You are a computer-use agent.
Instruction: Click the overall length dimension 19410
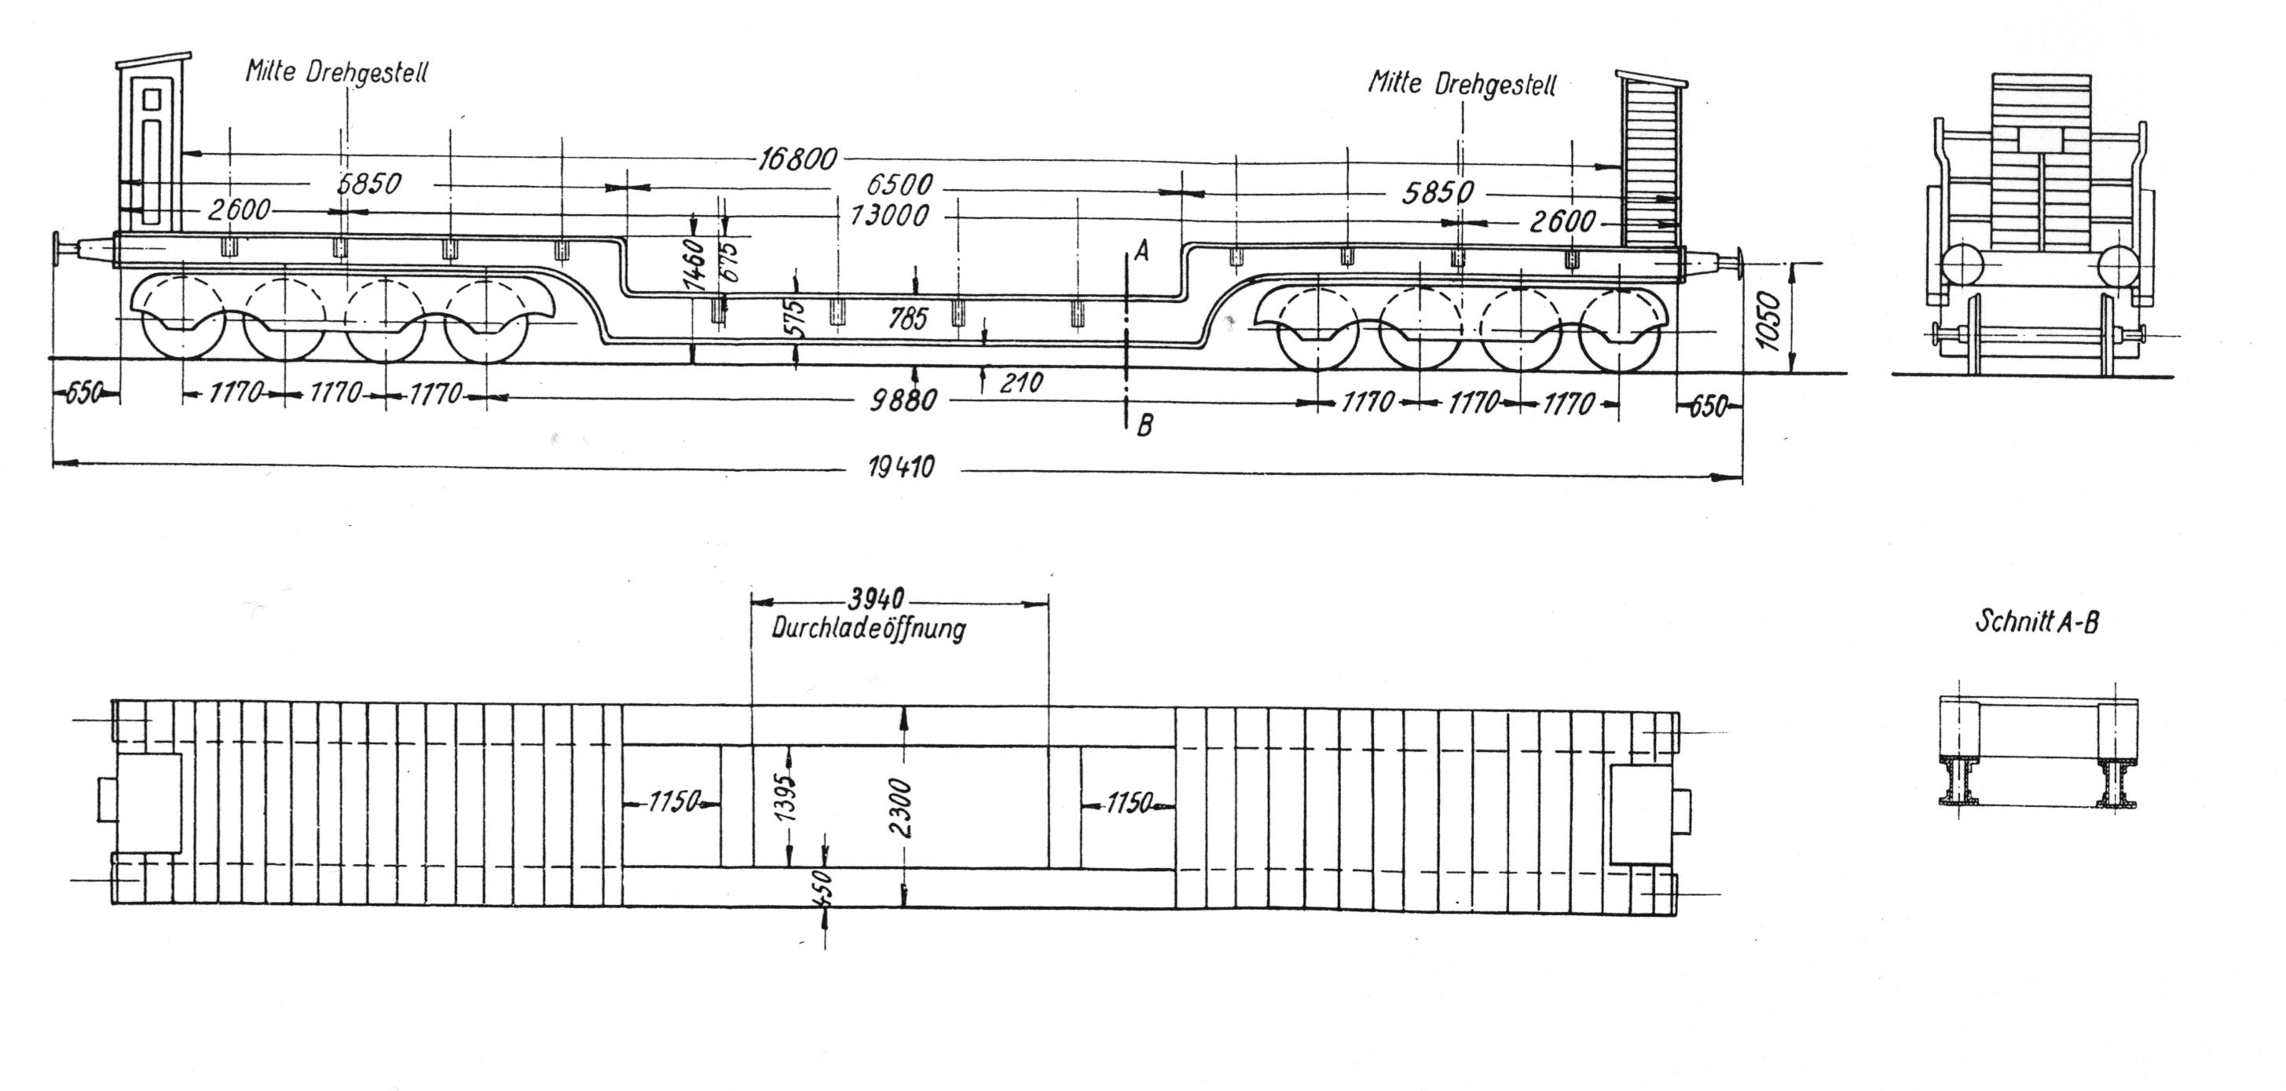tap(901, 468)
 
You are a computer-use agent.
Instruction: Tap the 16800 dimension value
tap(797, 159)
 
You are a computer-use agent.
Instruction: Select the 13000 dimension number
tap(889, 216)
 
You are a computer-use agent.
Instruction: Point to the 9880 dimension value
tap(903, 401)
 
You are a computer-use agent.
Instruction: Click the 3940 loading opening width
tap(875, 600)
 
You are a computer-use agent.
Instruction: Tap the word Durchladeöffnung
tap(868, 629)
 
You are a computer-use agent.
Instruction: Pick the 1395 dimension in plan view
tap(787, 798)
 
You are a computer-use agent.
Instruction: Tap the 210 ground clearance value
tap(1020, 383)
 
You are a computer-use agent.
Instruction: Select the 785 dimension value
tap(907, 318)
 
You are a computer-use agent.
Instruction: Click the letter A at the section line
tap(1142, 252)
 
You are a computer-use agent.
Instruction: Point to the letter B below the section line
tap(1145, 427)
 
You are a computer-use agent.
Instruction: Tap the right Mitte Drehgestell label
tap(1462, 84)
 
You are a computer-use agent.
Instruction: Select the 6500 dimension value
tap(899, 185)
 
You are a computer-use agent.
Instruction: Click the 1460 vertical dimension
tap(697, 264)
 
